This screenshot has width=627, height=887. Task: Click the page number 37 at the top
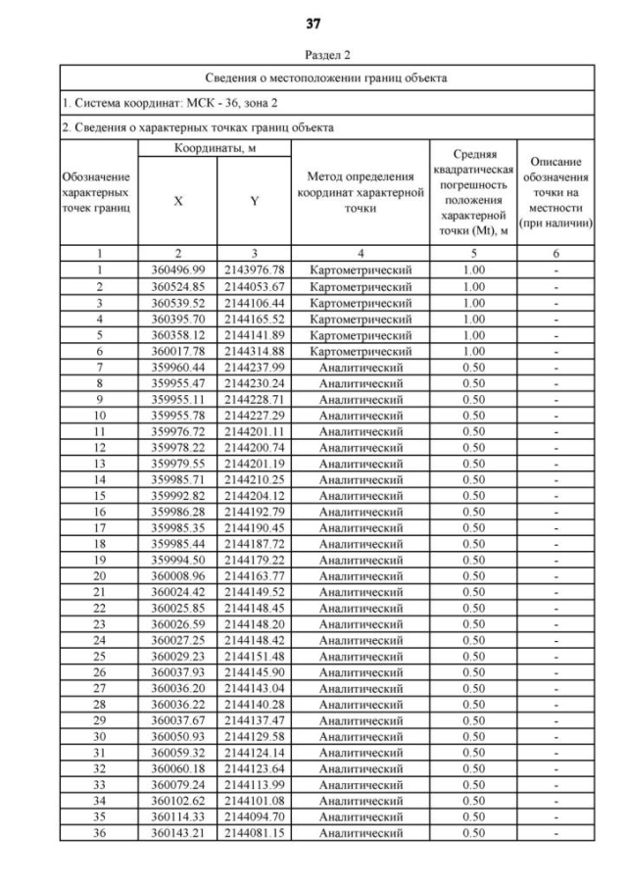[313, 23]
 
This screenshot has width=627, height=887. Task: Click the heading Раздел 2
[313, 56]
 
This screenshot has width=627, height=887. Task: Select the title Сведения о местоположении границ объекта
[327, 77]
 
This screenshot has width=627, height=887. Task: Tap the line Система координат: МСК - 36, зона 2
[158, 102]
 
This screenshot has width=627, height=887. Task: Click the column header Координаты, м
[216, 148]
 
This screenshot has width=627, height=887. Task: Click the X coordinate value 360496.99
[177, 270]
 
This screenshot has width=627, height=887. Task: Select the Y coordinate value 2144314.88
[253, 351]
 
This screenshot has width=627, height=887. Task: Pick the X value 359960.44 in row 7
[177, 367]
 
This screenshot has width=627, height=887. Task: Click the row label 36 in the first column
[99, 833]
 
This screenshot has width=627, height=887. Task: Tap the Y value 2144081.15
[253, 833]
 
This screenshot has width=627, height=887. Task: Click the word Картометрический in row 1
[360, 270]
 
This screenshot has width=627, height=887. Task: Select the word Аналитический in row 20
[360, 576]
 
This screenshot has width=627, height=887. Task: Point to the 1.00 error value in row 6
[473, 351]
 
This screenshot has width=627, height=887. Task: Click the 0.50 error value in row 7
[473, 367]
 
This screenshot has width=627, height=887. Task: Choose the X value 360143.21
[177, 833]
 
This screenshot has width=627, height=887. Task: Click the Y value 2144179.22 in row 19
[253, 560]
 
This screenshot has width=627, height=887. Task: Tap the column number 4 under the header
[360, 253]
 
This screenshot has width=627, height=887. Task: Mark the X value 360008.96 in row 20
[177, 576]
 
